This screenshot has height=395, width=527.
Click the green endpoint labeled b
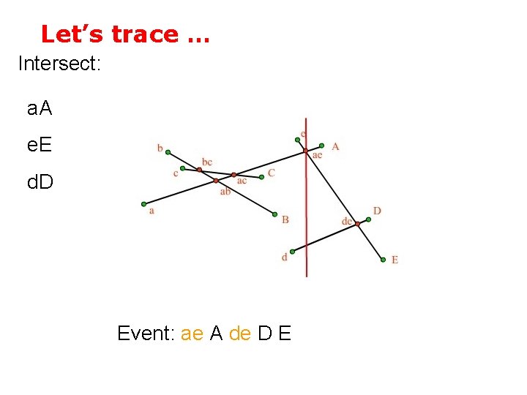coord(168,152)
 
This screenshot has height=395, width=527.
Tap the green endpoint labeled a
coord(144,204)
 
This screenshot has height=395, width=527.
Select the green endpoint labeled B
coord(274,215)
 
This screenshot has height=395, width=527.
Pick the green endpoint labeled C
coord(262,176)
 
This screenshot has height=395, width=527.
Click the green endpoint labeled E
coord(382,259)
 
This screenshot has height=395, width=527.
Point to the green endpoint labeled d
coord(291,249)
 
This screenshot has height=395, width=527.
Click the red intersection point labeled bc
coord(199,170)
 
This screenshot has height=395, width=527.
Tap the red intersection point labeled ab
coord(216,181)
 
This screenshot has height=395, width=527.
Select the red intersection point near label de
coord(358,224)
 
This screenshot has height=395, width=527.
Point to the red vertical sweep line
coord(306,219)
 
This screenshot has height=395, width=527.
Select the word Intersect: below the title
coord(59,64)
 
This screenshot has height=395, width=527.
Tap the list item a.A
coord(40,110)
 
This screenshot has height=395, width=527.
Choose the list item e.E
coord(40,145)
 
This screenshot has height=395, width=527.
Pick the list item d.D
coord(40,180)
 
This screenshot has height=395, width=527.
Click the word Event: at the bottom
coord(146,334)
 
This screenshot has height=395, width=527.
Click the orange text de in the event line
coord(240,334)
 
